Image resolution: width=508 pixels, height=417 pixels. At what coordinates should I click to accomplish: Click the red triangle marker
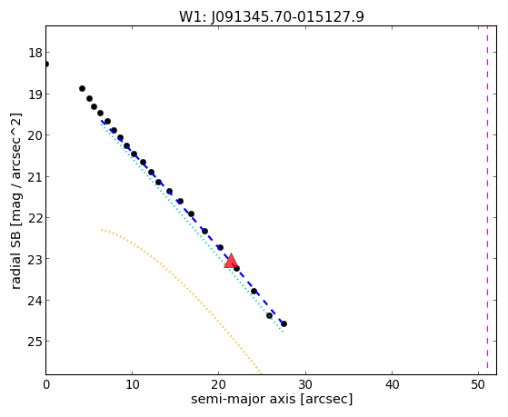click(x=231, y=261)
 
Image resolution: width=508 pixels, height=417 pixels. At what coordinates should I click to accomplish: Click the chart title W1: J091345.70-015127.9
click(x=272, y=17)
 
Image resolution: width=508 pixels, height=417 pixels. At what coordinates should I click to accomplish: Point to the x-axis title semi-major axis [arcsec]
click(x=272, y=399)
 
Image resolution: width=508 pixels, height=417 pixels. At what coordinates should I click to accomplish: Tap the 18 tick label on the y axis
click(x=35, y=53)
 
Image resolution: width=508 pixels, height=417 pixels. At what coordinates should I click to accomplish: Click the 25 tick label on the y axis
click(x=35, y=342)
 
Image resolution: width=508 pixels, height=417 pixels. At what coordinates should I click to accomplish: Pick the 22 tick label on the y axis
click(x=35, y=218)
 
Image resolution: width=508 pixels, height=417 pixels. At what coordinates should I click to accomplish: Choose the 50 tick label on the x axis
click(x=479, y=384)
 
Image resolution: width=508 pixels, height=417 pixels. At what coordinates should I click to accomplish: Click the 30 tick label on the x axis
click(x=305, y=384)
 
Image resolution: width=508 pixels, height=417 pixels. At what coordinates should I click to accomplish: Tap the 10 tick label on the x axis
click(x=132, y=384)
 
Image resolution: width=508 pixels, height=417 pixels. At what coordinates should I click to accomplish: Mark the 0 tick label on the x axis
click(x=46, y=384)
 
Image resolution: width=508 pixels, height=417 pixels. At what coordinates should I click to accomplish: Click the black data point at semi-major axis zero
click(x=46, y=65)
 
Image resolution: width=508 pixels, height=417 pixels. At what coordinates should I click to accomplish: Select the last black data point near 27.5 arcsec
click(x=284, y=323)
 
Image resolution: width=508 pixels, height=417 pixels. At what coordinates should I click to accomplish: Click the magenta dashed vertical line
click(x=487, y=197)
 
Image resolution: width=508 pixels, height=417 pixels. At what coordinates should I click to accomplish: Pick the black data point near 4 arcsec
click(x=83, y=88)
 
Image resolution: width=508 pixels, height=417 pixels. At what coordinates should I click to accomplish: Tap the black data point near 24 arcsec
click(x=254, y=291)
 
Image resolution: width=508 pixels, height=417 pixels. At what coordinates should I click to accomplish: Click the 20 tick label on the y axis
click(x=35, y=135)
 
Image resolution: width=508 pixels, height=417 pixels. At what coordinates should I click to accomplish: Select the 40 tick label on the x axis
click(x=392, y=384)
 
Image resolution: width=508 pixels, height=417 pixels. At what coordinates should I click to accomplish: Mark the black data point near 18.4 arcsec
click(x=204, y=231)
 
